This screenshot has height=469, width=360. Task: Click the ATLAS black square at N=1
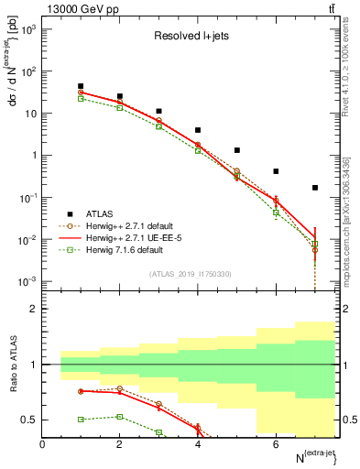click(81, 86)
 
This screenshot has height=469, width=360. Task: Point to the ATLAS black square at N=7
click(315, 188)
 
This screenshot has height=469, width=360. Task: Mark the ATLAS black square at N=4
click(198, 130)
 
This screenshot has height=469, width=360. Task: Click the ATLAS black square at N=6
click(276, 171)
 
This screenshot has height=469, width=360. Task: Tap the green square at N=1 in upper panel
click(81, 99)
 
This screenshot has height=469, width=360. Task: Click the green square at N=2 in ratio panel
click(120, 417)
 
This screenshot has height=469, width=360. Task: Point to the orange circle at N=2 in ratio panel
click(120, 388)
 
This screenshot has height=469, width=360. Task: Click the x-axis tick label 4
click(198, 444)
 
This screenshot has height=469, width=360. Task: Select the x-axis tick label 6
click(276, 444)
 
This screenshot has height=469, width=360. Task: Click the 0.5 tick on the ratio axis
click(32, 420)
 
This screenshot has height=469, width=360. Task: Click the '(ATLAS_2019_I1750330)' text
click(191, 274)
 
